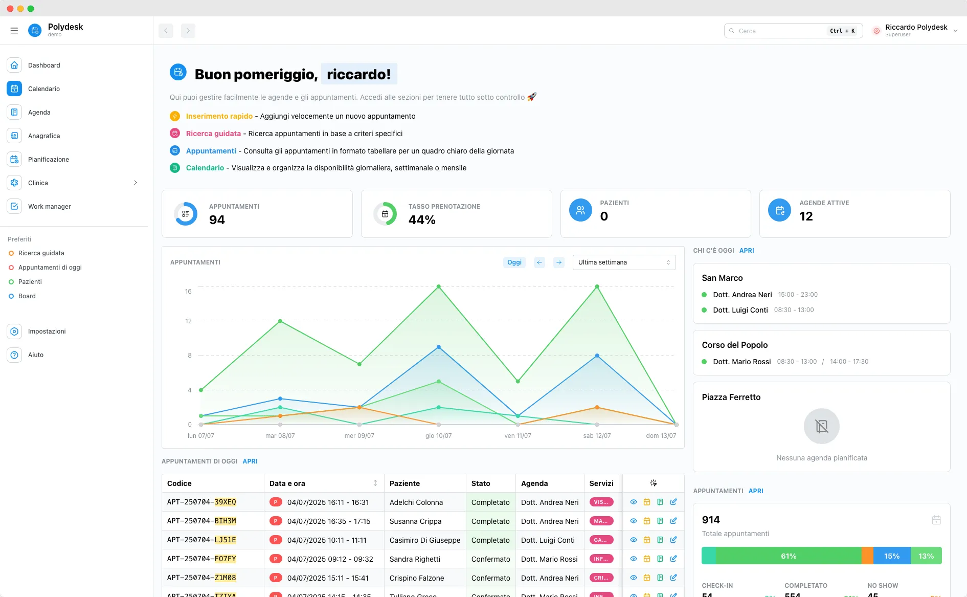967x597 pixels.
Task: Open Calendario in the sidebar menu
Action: pyautogui.click(x=43, y=89)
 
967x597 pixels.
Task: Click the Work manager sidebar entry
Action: pyautogui.click(x=49, y=207)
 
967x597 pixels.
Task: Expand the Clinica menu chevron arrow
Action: pyautogui.click(x=136, y=183)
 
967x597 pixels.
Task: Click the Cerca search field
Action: pyautogui.click(x=780, y=31)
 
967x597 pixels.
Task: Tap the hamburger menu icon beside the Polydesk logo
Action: pyautogui.click(x=14, y=31)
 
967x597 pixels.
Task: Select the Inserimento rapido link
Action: pyautogui.click(x=219, y=116)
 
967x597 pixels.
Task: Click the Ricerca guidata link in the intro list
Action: pyautogui.click(x=213, y=134)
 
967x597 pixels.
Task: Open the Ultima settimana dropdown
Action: pyautogui.click(x=624, y=262)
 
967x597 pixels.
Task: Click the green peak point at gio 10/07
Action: pyautogui.click(x=439, y=286)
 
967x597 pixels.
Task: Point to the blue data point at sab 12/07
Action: pyautogui.click(x=597, y=356)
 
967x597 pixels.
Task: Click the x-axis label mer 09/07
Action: pyautogui.click(x=359, y=436)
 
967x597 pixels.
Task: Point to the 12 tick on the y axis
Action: pyautogui.click(x=188, y=321)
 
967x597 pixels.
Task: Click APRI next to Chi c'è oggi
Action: pyautogui.click(x=747, y=251)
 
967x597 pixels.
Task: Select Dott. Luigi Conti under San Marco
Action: pyautogui.click(x=740, y=310)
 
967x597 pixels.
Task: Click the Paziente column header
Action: pyautogui.click(x=404, y=483)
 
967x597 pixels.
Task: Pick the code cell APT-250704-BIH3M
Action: pyautogui.click(x=201, y=521)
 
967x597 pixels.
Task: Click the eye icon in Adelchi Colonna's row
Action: pyautogui.click(x=634, y=502)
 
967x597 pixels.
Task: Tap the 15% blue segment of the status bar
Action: pyautogui.click(x=891, y=556)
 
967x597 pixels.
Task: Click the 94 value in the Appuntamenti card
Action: pyautogui.click(x=217, y=220)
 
